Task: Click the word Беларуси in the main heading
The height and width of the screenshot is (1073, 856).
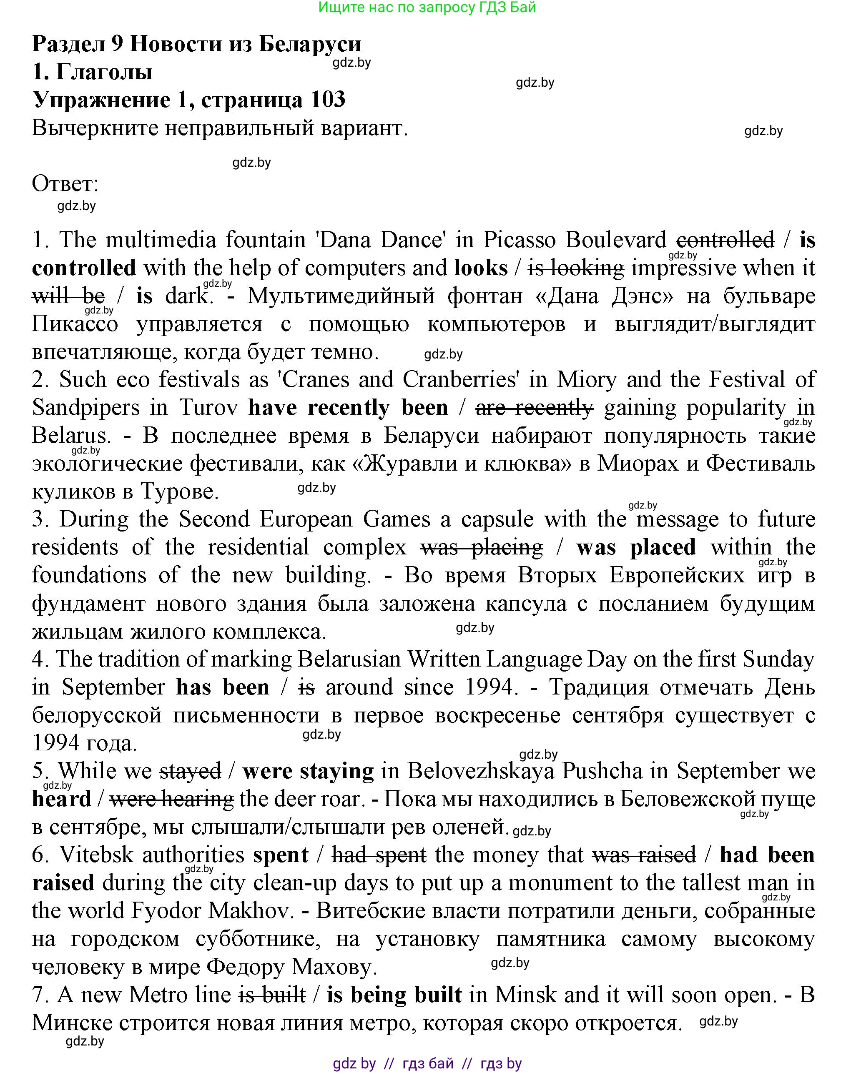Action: tap(310, 44)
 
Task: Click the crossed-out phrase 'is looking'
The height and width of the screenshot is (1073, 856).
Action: tap(575, 268)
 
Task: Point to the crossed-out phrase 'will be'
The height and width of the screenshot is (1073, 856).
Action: tap(68, 296)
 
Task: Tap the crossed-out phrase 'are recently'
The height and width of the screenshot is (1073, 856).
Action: tap(534, 408)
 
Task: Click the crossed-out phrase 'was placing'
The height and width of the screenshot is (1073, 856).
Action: tap(481, 547)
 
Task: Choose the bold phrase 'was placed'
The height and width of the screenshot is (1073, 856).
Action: tap(635, 547)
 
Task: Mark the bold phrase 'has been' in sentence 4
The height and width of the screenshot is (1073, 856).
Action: tap(223, 687)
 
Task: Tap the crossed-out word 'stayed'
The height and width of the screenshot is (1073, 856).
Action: tap(190, 771)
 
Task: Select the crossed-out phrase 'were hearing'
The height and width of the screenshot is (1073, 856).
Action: tap(171, 799)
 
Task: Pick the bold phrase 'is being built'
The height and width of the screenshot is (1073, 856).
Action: tap(394, 995)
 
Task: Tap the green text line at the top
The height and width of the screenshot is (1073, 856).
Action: tap(427, 8)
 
